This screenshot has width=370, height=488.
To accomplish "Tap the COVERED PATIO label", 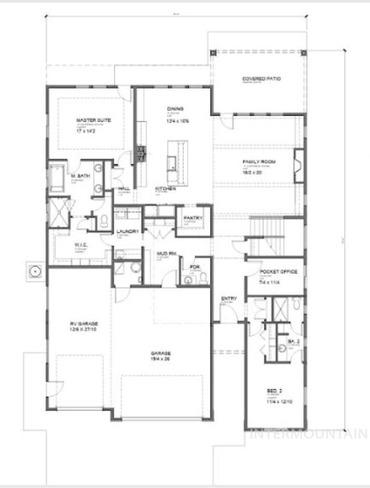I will click(x=261, y=79).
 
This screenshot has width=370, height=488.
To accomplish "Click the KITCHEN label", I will click(x=165, y=189).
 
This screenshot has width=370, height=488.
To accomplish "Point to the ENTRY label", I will click(x=229, y=299).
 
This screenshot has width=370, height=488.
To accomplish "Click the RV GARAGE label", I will click(x=82, y=324).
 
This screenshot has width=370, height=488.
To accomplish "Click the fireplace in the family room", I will click(x=299, y=166).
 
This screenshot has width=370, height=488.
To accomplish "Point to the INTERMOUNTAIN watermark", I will click(x=309, y=433).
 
